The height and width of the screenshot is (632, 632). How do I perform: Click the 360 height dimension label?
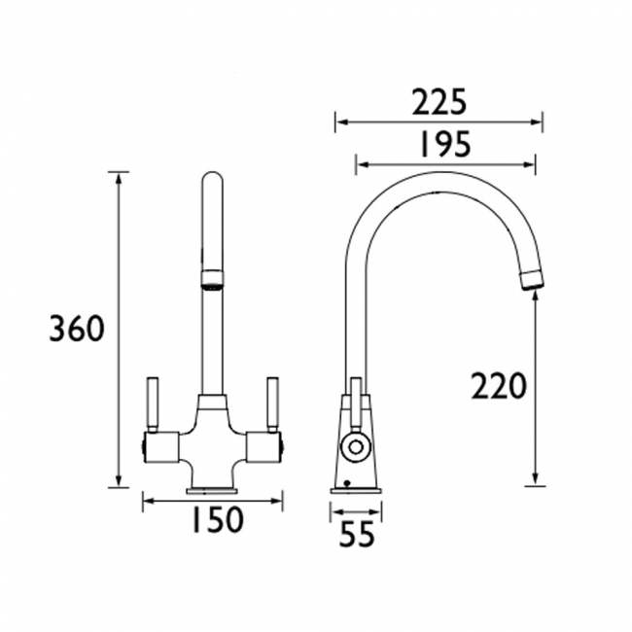[76, 331]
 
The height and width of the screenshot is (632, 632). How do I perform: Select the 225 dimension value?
[439, 100]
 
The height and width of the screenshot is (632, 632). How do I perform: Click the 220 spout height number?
[499, 386]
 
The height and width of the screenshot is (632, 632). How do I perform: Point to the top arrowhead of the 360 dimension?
[120, 176]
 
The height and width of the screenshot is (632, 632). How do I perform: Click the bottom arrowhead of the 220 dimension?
[534, 479]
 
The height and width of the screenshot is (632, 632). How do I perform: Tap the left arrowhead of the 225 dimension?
[339, 122]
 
